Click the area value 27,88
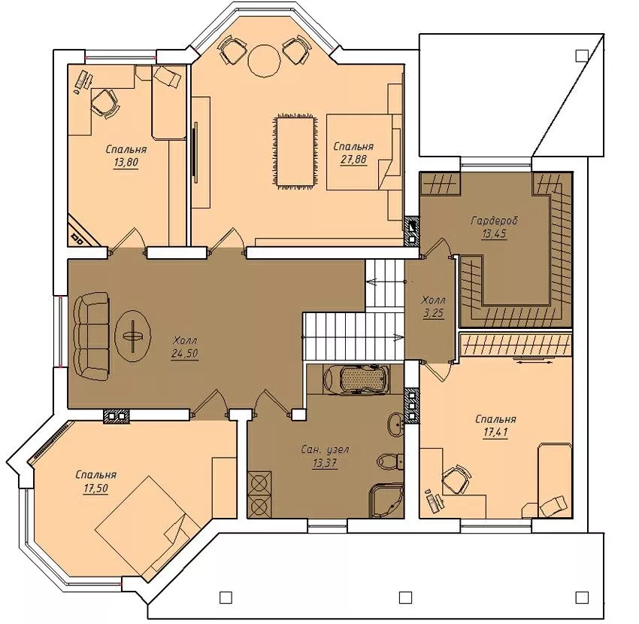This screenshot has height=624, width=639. click(x=353, y=159)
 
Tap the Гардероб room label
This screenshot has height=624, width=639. click(x=494, y=221)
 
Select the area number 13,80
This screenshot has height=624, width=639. click(x=126, y=163)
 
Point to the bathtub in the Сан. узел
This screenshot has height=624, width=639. click(x=356, y=379)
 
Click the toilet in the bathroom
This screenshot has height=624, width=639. click(x=390, y=461)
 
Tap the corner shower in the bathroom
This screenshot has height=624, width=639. click(x=386, y=501)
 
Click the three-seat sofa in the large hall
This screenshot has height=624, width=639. click(x=92, y=336)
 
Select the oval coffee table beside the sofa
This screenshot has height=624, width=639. click(x=133, y=336)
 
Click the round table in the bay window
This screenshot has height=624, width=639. click(x=265, y=60)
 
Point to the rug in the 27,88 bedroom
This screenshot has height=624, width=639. click(x=295, y=151)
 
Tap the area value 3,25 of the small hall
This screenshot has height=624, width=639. click(x=433, y=313)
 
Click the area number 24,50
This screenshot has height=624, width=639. click(x=185, y=354)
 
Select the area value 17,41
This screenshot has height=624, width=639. click(x=495, y=432)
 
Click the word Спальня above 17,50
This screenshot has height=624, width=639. click(x=95, y=475)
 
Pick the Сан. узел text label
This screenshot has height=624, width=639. click(x=325, y=449)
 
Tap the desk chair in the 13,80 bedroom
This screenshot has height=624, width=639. click(x=105, y=104)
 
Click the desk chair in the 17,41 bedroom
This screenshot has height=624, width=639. click(x=457, y=479)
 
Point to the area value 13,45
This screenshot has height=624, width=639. click(x=495, y=234)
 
